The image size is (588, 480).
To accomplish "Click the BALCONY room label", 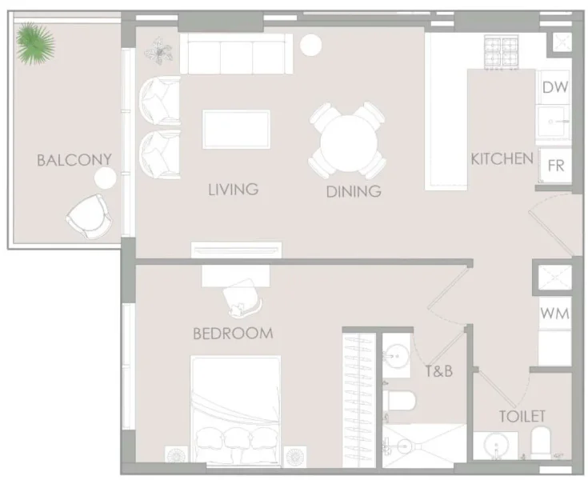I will [74, 160].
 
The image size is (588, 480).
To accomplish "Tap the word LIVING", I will [233, 190].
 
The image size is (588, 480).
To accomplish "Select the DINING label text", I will [353, 191].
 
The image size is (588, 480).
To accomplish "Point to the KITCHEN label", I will [502, 158].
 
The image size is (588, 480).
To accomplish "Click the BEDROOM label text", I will [233, 333].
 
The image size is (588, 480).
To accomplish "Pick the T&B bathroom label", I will [438, 370].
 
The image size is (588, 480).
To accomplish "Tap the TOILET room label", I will [522, 416].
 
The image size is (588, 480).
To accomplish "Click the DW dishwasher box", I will [555, 88].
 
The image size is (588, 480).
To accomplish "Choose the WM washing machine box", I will [554, 314].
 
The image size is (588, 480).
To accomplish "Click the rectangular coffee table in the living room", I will [235, 129].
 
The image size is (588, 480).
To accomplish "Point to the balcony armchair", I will [88, 215].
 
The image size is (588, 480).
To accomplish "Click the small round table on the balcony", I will [102, 178].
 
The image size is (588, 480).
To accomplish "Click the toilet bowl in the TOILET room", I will [542, 442].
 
